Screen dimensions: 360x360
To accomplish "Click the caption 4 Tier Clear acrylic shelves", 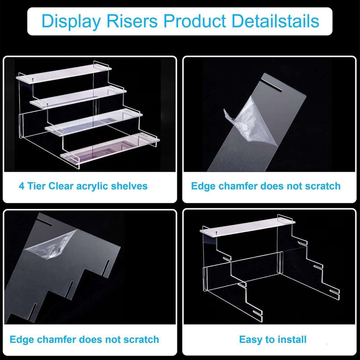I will pyautogui.click(x=83, y=186).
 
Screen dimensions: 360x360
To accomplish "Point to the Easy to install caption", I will pyautogui.click(x=273, y=339).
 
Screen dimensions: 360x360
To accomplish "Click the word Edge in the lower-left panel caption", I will pyautogui.click(x=21, y=339).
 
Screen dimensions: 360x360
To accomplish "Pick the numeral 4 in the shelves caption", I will pyautogui.click(x=22, y=186).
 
